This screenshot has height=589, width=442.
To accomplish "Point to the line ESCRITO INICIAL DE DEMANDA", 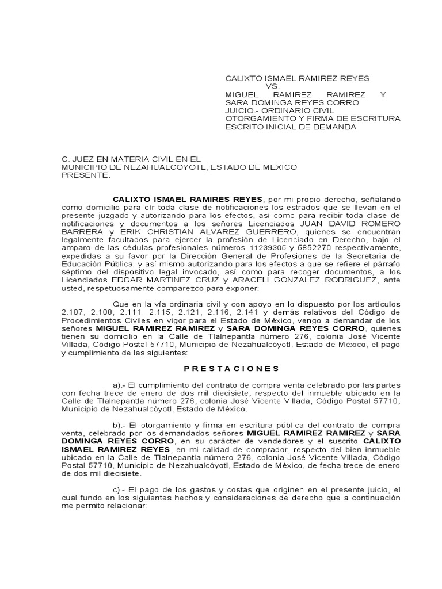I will pos(290,127).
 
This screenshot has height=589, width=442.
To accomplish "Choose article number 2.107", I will pos(72,312).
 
